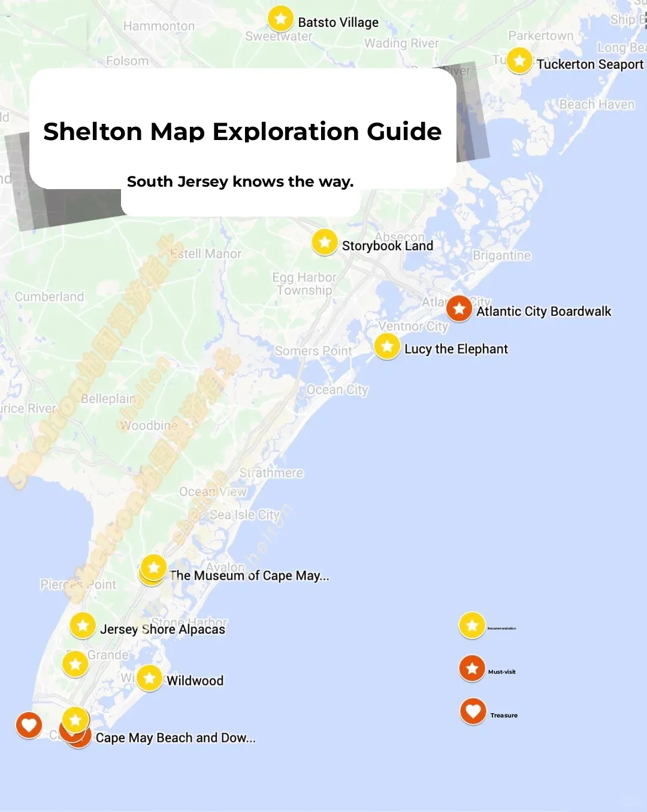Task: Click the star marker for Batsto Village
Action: click(280, 19)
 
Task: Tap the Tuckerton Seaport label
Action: click(589, 64)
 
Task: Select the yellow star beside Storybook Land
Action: click(325, 242)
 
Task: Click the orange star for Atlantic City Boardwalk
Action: click(459, 309)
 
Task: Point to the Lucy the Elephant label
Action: click(456, 349)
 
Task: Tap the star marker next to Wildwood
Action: click(150, 678)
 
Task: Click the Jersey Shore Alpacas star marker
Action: click(83, 626)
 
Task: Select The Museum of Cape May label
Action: click(249, 576)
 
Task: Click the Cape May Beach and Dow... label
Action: click(176, 738)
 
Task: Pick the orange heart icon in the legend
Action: click(473, 711)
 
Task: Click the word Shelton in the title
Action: click(92, 132)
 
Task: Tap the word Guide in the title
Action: click(404, 132)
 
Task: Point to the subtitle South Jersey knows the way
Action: click(240, 182)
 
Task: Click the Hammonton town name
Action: click(159, 26)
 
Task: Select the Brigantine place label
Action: click(501, 256)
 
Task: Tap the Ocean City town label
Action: click(337, 390)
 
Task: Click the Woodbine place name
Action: click(149, 425)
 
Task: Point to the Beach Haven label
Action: click(597, 105)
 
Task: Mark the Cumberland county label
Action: click(49, 297)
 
